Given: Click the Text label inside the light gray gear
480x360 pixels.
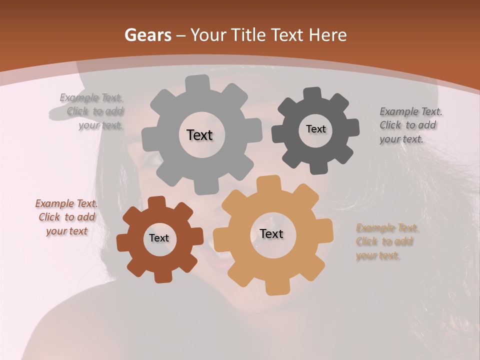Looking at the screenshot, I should tap(199, 135).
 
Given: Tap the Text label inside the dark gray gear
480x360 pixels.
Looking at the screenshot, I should tap(315, 129).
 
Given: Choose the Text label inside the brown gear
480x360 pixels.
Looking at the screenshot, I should tap(159, 238).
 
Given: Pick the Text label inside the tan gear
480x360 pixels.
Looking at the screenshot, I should tap(271, 233).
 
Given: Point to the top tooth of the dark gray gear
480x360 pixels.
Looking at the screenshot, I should tap(312, 93).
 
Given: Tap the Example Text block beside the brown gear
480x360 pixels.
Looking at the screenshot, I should tap(66, 217).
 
